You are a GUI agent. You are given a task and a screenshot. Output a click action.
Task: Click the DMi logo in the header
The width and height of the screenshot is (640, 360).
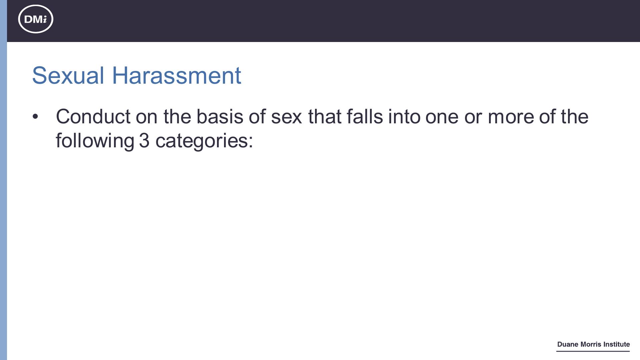(36, 19)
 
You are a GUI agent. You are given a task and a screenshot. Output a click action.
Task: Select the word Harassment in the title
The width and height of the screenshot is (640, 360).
(177, 75)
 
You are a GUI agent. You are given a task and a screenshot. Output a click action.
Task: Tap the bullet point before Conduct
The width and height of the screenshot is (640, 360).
(35, 117)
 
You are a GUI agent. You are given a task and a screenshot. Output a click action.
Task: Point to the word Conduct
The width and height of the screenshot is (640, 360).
(93, 117)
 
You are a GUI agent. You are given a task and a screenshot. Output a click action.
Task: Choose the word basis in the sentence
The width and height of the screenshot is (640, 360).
(220, 117)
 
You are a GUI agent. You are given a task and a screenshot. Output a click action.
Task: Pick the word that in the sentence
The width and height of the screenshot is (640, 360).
(325, 117)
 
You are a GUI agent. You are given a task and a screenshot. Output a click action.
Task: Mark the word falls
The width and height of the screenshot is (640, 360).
(365, 117)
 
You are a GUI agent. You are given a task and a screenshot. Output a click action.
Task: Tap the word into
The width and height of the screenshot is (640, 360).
(404, 117)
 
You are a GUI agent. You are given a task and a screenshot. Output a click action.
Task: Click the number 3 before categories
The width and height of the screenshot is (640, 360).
(144, 141)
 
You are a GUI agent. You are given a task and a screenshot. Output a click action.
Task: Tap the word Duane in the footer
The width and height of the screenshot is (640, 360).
(568, 344)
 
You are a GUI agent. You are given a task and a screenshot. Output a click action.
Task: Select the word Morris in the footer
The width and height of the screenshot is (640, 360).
(592, 344)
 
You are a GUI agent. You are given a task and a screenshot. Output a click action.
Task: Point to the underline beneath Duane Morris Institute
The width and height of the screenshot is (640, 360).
(593, 351)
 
